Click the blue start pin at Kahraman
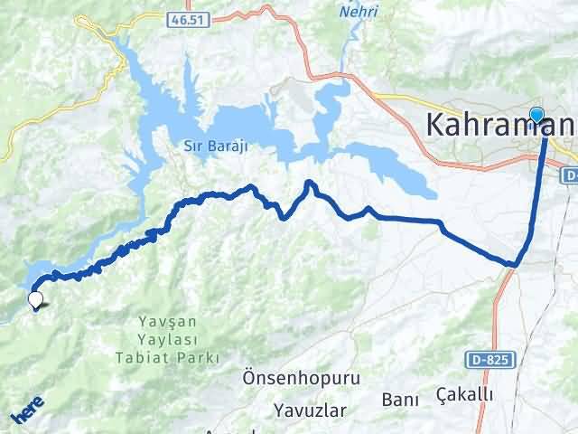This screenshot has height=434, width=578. pyautogui.click(x=537, y=116)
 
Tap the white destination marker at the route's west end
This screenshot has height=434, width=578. pyautogui.click(x=35, y=299)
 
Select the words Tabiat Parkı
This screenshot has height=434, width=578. pyautogui.click(x=167, y=357)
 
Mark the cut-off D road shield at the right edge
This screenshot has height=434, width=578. pyautogui.click(x=570, y=172)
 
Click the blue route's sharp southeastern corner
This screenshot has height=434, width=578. pyautogui.click(x=514, y=264)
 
